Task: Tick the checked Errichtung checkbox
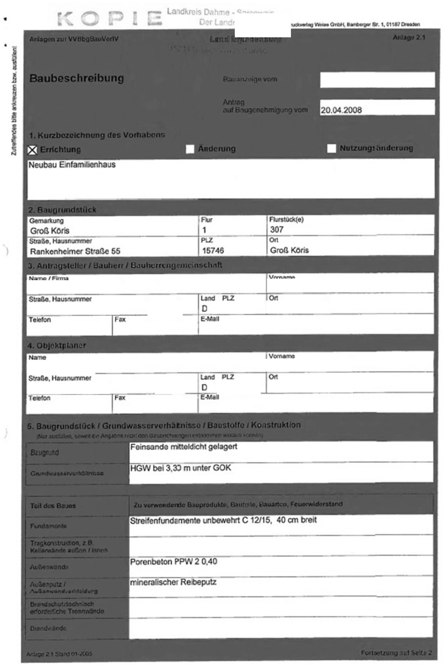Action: [x=32, y=150]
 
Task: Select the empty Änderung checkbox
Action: [x=190, y=149]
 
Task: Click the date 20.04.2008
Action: [x=341, y=110]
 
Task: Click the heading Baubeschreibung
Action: [x=77, y=78]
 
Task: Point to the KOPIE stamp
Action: [x=110, y=19]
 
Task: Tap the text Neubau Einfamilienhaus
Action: [x=72, y=165]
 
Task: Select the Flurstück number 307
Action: [x=277, y=230]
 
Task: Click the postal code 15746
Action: [x=213, y=250]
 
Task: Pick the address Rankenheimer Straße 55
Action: [x=75, y=251]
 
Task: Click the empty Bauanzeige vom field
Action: [x=377, y=80]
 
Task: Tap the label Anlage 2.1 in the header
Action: [x=409, y=38]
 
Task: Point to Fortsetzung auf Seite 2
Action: [x=396, y=653]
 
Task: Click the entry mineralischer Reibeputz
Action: [x=173, y=582]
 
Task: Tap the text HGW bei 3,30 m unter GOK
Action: [x=180, y=468]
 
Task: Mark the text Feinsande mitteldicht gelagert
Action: [x=184, y=447]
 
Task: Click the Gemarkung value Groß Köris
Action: [x=50, y=231]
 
